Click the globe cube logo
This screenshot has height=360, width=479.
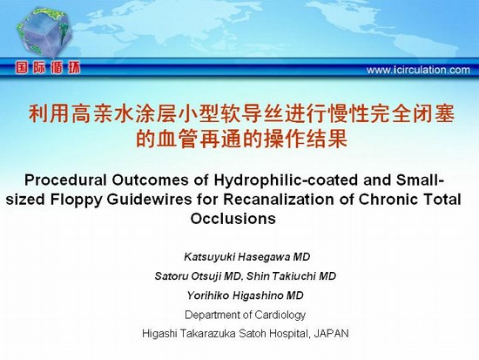44,33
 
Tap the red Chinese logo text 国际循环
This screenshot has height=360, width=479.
48,68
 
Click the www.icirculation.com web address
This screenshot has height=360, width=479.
418,70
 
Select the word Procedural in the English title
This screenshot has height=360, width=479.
65,180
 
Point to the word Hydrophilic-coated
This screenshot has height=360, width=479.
286,180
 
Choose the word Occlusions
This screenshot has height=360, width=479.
233,219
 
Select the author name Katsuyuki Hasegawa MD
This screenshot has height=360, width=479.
247,257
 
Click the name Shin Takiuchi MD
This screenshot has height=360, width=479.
291,276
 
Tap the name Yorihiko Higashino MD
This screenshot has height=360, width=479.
246,295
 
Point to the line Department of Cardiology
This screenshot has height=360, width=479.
245,315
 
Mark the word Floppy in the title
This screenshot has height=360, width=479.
76,200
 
